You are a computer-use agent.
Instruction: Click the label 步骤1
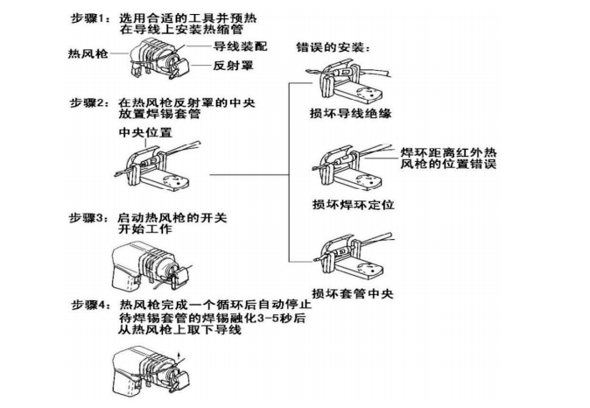point(91,17)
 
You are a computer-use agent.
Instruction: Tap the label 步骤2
point(91,102)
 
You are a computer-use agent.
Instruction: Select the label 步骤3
point(91,217)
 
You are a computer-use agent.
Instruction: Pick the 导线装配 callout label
point(236,46)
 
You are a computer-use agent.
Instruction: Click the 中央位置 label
point(145,131)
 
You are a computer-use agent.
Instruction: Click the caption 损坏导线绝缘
point(347,112)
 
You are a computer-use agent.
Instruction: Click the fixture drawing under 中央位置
point(158,165)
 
